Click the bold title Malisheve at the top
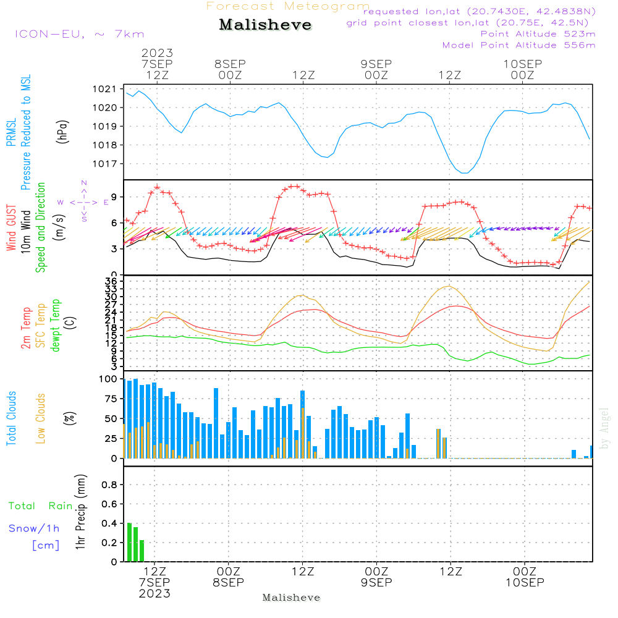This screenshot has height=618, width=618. tap(265, 25)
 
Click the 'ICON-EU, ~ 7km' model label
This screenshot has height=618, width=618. tap(79, 34)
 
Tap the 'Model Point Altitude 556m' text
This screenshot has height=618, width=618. tap(519, 45)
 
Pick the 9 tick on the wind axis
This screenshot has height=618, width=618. tap(115, 197)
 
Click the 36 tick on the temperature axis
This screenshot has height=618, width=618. tap(112, 282)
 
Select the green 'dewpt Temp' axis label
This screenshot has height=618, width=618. tap(56, 326)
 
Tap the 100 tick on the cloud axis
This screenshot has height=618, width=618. tap(108, 379)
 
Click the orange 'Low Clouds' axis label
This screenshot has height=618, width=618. tap(41, 418)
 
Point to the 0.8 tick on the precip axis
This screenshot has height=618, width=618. tap(109, 485)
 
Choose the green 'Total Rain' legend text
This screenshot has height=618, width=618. tap(40, 506)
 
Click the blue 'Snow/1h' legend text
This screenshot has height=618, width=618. tap(34, 528)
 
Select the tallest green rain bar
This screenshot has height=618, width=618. tap(129, 542)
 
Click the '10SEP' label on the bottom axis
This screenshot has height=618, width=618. tap(525, 582)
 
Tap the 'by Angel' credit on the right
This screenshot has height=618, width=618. tap(604, 428)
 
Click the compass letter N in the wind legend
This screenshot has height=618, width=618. tap(84, 182)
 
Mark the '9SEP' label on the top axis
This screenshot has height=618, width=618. tap(376, 64)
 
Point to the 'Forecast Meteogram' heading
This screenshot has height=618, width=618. tap(287, 6)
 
